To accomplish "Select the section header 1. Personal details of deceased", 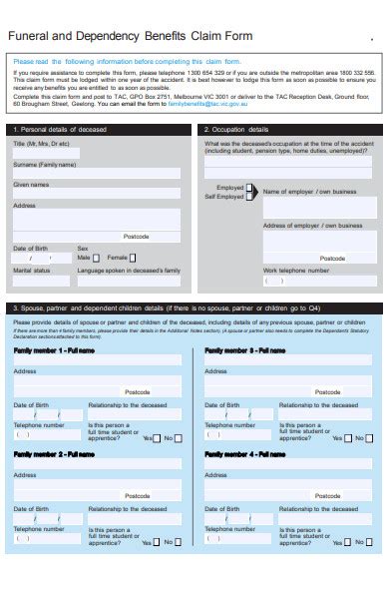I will [60, 130].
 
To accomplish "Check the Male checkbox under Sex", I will [99, 258].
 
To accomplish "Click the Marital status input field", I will [43, 281].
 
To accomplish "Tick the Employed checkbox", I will [249, 187].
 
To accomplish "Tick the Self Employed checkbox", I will [249, 196].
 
